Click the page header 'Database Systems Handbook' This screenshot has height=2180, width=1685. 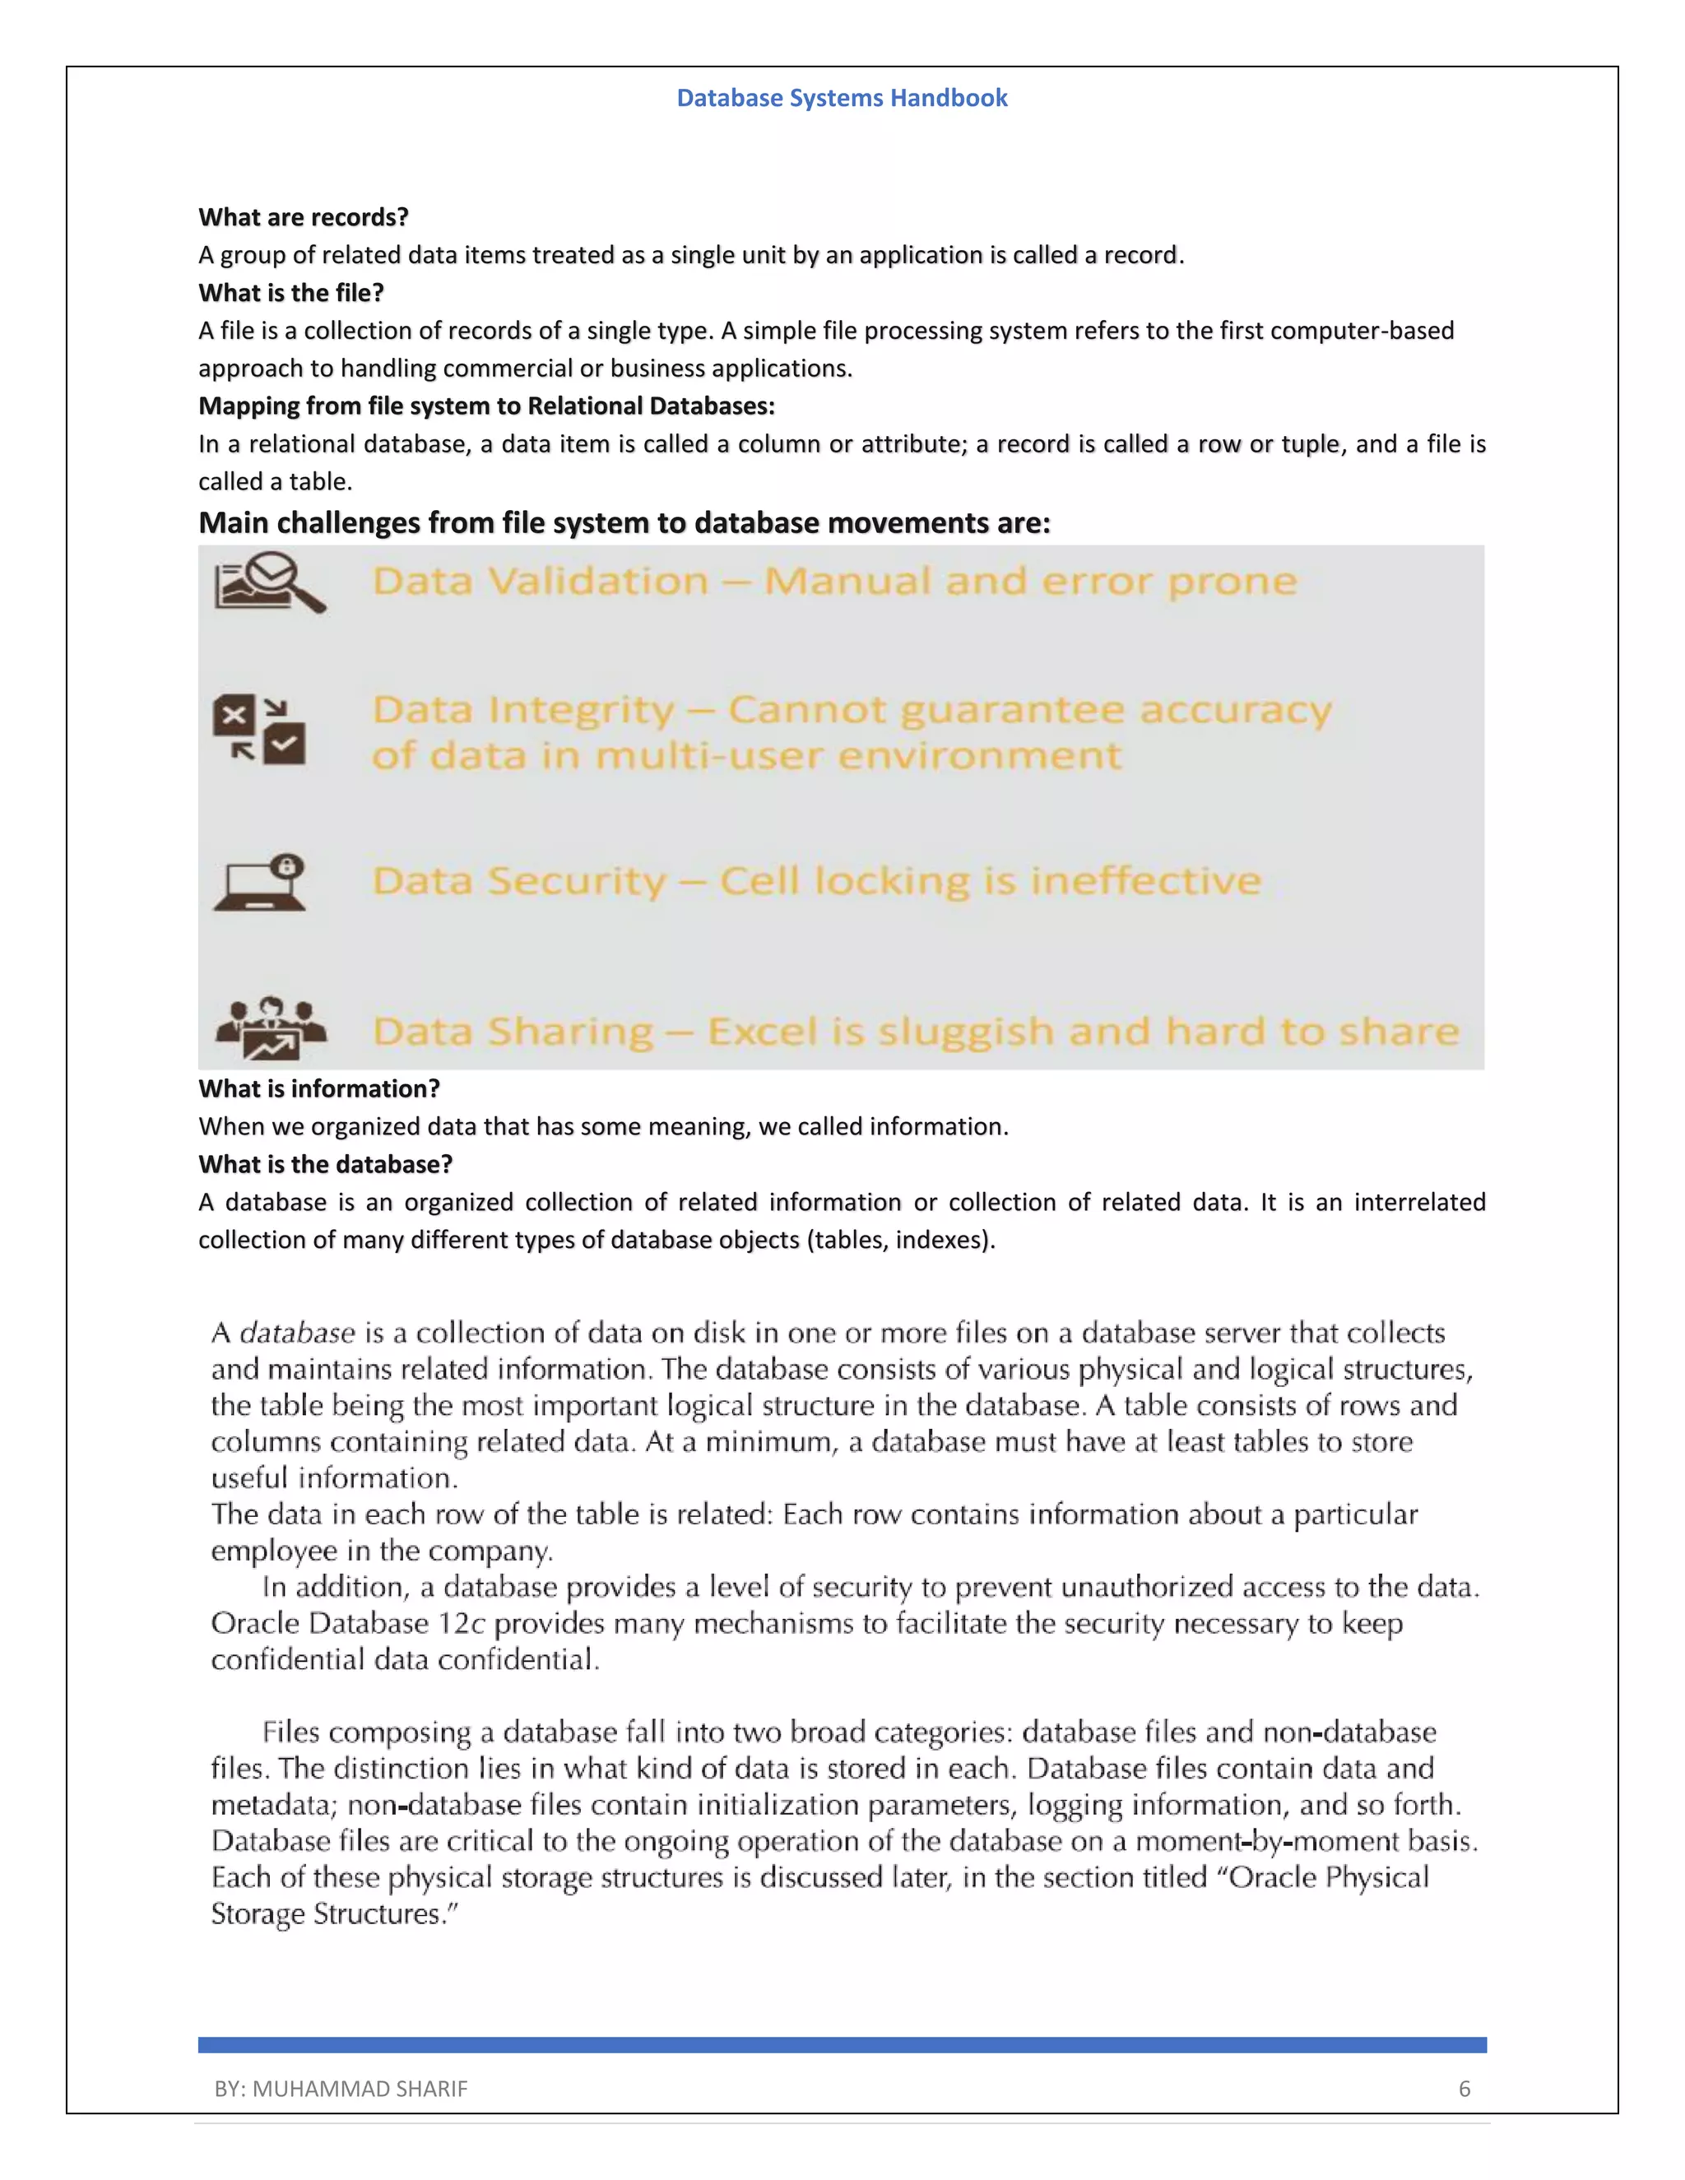point(842,98)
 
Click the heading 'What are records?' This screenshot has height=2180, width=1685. point(304,218)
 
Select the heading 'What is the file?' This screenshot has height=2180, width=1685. point(290,293)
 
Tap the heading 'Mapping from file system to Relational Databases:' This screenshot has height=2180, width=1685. point(486,406)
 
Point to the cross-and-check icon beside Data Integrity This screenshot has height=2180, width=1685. point(259,730)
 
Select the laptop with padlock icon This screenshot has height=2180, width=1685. point(261,883)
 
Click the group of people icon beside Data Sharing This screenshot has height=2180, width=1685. point(271,1028)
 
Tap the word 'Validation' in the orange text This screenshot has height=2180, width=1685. point(598,581)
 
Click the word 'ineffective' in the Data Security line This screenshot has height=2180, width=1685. point(1145,881)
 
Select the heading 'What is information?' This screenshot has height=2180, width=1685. point(319,1089)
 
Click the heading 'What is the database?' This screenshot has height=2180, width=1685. point(326,1165)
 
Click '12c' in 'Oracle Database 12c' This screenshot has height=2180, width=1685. point(462,1624)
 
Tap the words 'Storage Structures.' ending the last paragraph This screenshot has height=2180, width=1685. point(333,1914)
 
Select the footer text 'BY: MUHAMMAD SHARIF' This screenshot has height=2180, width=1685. point(341,2090)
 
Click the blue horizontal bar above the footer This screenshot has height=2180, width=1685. point(842,2045)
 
